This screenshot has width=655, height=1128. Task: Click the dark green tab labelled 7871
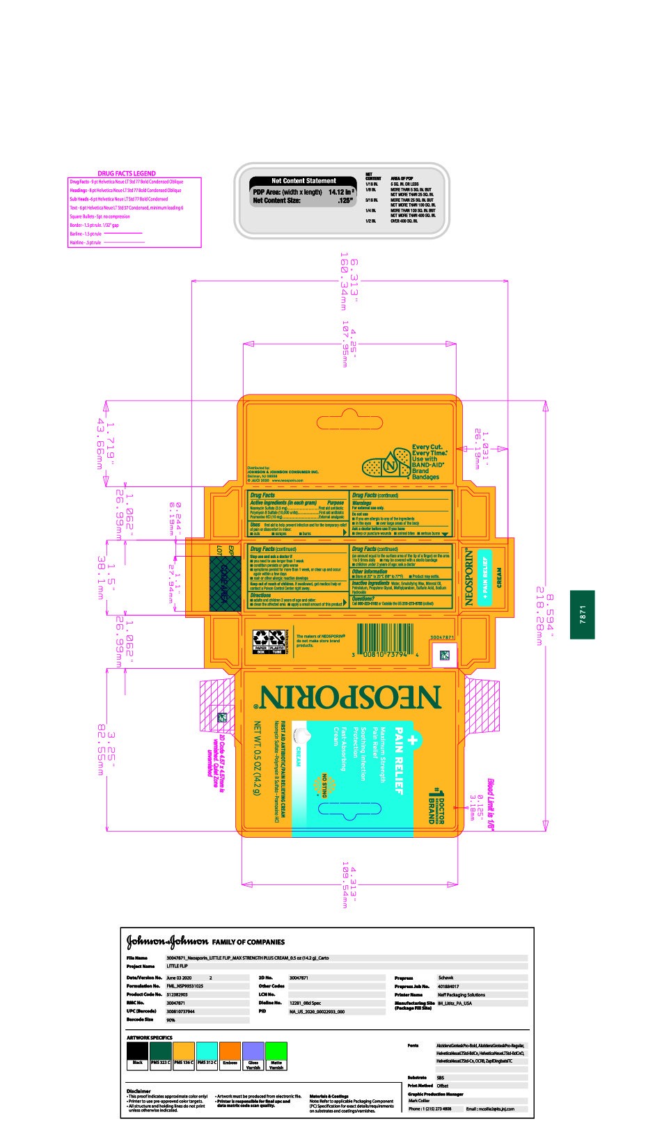[582, 614]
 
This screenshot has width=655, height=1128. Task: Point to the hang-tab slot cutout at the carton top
[349, 422]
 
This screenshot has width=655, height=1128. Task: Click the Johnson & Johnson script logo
[167, 942]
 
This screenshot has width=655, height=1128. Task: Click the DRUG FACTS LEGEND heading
[127, 173]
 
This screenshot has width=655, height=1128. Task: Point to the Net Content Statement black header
[303, 181]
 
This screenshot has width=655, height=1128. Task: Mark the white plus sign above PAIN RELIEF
[412, 741]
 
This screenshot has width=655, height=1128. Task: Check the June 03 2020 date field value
[180, 978]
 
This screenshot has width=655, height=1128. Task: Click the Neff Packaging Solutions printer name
[461, 994]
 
